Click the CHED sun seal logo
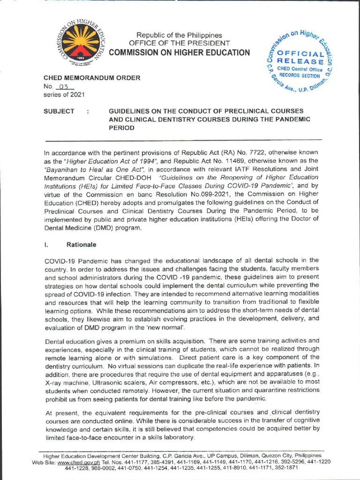coord(81,46)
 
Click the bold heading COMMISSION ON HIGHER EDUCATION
coord(180,52)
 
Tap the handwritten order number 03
coord(64,87)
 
